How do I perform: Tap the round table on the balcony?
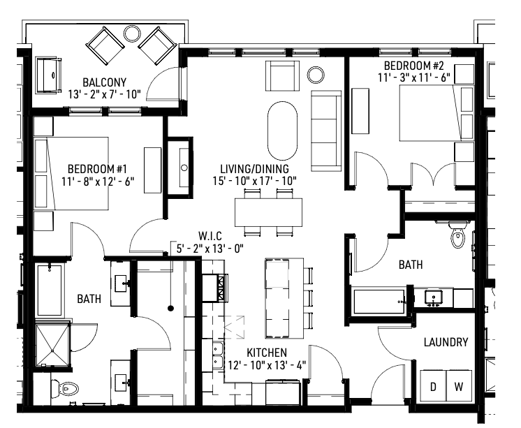point(131,33)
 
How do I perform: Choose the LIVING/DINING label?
point(254,169)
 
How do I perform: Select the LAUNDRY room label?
point(446,342)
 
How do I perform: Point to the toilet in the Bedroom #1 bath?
point(68,388)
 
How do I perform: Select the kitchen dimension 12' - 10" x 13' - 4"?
point(266,364)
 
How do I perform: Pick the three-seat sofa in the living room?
point(325,131)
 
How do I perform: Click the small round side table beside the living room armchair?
point(314,73)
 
